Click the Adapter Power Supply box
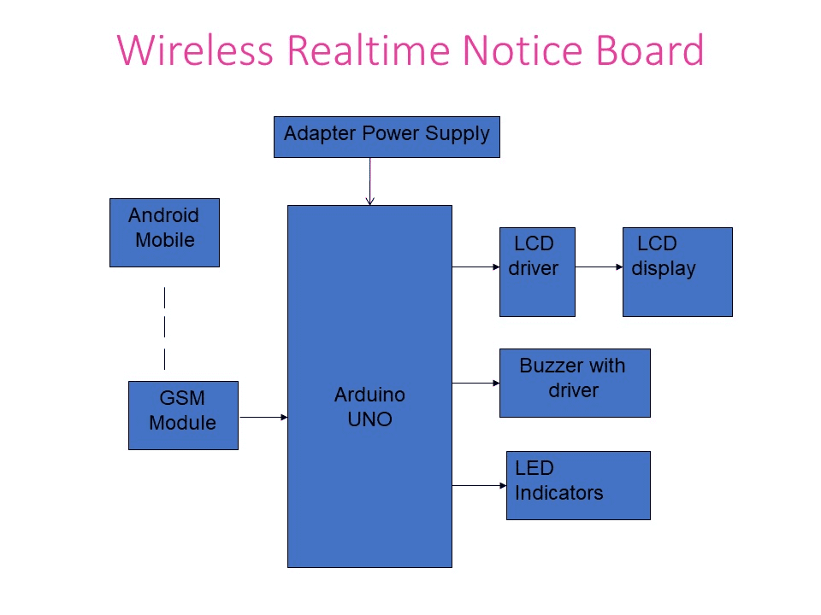pyautogui.click(x=387, y=138)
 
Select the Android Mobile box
pyautogui.click(x=164, y=232)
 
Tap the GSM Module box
pyautogui.click(x=183, y=415)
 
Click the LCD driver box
pyautogui.click(x=537, y=272)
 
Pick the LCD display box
pyautogui.click(x=677, y=272)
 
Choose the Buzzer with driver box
pyautogui.click(x=575, y=383)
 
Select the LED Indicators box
pyautogui.click(x=578, y=485)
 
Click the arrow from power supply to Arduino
pyautogui.click(x=369, y=181)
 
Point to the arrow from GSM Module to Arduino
pyautogui.click(x=263, y=417)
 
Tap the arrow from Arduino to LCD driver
pyautogui.click(x=475, y=266)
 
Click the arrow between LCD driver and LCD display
pyautogui.click(x=599, y=266)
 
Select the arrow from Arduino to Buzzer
pyautogui.click(x=475, y=384)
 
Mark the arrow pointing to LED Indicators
pyautogui.click(x=479, y=485)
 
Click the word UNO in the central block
pyautogui.click(x=369, y=419)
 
